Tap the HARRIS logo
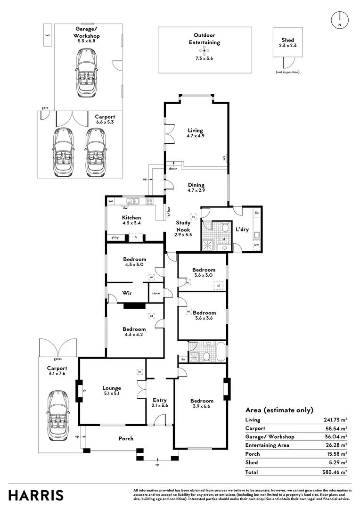point(36,495)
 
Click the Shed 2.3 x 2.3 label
point(287,43)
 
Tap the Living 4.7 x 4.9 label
point(195,133)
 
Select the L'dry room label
point(242,230)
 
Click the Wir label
point(126,293)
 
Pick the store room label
point(155,294)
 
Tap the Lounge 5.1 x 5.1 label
point(112,391)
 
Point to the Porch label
point(126,439)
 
